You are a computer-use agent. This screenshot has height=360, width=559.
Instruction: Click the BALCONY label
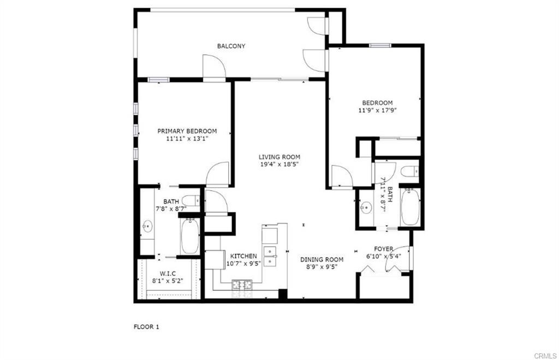tap(231, 46)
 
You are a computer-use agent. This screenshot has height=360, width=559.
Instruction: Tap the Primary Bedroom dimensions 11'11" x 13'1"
tap(187, 138)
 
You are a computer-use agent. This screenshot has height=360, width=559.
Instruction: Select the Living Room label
tap(279, 157)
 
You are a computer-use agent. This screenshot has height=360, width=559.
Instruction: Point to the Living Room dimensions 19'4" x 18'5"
tap(279, 164)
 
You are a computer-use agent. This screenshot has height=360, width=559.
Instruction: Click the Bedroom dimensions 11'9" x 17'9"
tap(378, 110)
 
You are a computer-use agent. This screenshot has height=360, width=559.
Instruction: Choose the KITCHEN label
tap(243, 256)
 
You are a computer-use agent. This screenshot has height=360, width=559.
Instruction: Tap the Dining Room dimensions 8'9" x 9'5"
tap(322, 267)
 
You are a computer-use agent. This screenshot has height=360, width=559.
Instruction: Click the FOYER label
tap(384, 249)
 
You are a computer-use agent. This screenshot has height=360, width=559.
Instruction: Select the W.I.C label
tap(168, 274)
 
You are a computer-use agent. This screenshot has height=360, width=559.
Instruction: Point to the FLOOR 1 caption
tap(146, 327)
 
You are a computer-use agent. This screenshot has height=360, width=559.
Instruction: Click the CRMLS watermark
tap(545, 356)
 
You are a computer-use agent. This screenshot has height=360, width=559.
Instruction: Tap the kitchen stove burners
tap(242, 285)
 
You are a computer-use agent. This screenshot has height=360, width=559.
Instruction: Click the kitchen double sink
tap(270, 257)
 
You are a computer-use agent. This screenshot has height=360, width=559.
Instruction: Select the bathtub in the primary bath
tap(189, 236)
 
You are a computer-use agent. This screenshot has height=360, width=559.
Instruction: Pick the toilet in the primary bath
tap(191, 200)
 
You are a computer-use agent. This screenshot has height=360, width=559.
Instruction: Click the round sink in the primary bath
tap(147, 226)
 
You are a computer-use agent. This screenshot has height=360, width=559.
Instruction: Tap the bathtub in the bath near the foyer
tap(411, 207)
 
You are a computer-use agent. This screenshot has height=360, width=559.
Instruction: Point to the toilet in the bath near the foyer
tap(409, 172)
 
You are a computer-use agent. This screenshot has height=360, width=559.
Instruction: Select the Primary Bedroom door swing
tap(217, 174)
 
